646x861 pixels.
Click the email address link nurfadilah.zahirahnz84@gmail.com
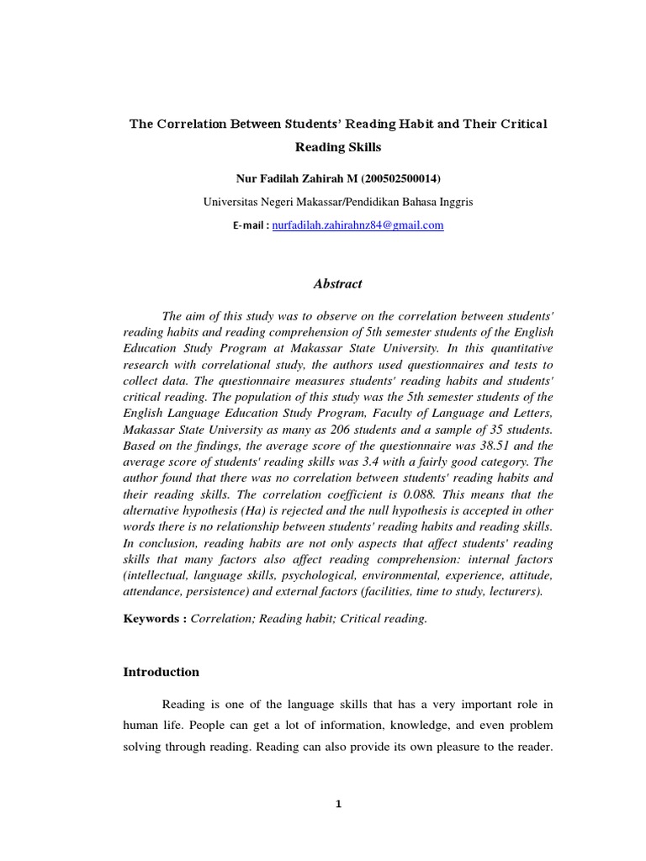(357, 225)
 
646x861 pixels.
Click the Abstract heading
(337, 284)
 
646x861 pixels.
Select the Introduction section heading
(161, 672)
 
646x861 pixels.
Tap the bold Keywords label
(154, 618)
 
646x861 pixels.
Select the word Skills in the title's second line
(363, 147)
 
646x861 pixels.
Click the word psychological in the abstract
(311, 575)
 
